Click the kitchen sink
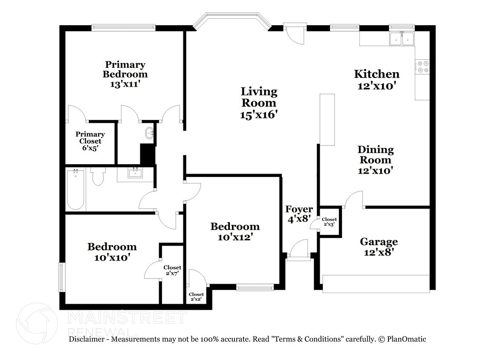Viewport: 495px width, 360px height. [x=402, y=39]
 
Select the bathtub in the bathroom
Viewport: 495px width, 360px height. [x=76, y=189]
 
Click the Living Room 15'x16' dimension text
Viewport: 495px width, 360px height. [x=259, y=115]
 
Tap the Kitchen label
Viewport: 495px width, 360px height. [x=376, y=74]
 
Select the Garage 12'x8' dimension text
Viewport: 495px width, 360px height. [x=379, y=252]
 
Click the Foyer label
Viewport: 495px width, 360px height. [x=299, y=209]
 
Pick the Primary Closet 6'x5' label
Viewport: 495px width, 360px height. [x=90, y=141]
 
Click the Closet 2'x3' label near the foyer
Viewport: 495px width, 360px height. [x=329, y=222]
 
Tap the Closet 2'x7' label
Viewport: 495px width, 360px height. [x=172, y=270]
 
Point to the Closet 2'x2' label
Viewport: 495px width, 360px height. [x=196, y=296]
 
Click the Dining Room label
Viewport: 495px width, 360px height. [x=375, y=154]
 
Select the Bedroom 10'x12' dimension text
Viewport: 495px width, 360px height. [x=235, y=237]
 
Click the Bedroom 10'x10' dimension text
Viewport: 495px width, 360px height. [x=112, y=257]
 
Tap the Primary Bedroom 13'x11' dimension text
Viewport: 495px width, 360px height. [x=125, y=84]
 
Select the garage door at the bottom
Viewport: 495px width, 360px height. [x=376, y=284]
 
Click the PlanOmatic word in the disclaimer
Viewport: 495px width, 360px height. [x=407, y=339]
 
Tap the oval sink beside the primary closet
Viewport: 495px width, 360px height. [x=149, y=133]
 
